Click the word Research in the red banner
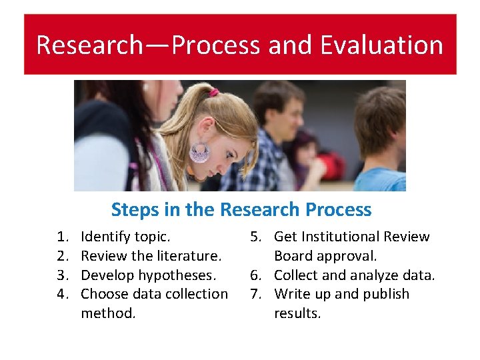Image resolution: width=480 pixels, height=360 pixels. (x=89, y=45)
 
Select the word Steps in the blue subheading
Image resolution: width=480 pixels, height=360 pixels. (x=133, y=209)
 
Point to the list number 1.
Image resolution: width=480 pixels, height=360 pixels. (x=62, y=237)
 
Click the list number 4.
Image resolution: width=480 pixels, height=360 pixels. (x=62, y=294)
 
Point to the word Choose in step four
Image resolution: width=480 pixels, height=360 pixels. (x=103, y=294)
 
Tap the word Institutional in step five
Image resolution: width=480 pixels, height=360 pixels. (x=341, y=237)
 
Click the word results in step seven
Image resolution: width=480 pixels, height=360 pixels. (x=297, y=313)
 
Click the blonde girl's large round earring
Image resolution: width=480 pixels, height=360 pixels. (x=200, y=153)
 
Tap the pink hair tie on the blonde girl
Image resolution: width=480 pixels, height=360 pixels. (x=213, y=93)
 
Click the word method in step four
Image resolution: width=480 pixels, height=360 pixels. (x=108, y=313)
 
